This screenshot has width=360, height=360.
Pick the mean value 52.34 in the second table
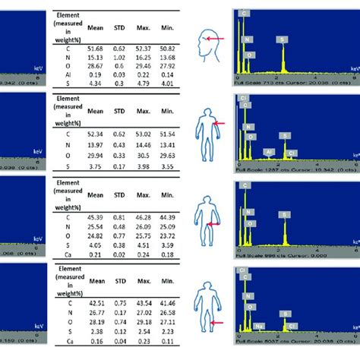click(95, 132)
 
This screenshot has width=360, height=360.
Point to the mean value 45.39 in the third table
click(95, 217)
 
